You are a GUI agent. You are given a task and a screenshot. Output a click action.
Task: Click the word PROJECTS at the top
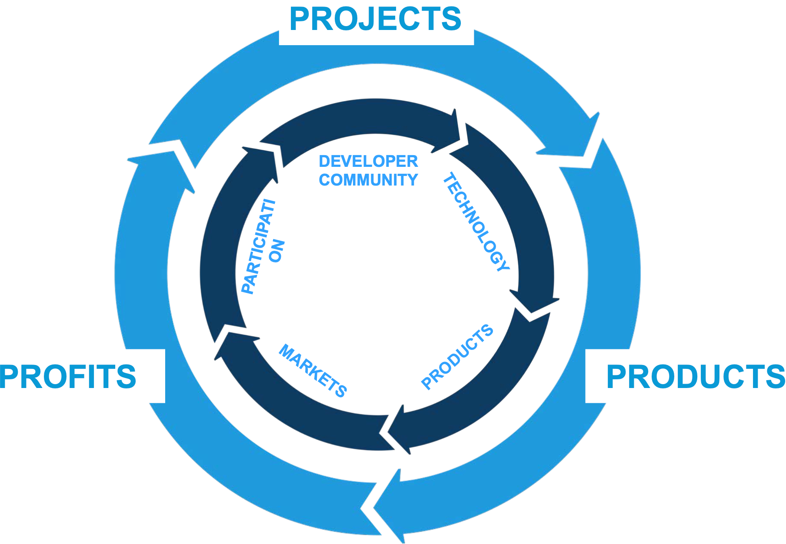pos(375,20)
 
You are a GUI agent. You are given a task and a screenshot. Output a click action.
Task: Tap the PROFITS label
pos(68,377)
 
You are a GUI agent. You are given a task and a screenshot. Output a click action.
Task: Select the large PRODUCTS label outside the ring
pos(695,377)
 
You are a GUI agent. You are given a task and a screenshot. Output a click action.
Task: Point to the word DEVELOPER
pos(368,162)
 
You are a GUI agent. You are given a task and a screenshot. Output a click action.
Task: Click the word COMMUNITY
pos(368,180)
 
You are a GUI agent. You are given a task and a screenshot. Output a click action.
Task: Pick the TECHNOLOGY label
pos(476,222)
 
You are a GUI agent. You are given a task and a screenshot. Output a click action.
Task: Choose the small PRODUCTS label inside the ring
pos(457,357)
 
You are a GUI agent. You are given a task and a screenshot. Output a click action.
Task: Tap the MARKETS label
pos(313,371)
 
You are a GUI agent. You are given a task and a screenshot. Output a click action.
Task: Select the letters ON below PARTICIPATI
pos(276,251)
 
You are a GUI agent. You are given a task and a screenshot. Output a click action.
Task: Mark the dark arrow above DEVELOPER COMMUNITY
pos(361,117)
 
